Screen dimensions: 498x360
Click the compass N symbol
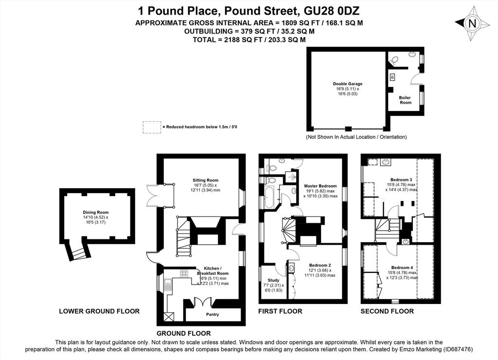point(472,23)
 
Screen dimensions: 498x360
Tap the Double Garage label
point(347,84)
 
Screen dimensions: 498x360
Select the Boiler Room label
point(405,100)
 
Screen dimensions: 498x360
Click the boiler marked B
point(392,77)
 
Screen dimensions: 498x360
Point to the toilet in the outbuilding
point(394,60)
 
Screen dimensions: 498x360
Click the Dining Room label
point(96,213)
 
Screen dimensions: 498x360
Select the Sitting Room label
point(205,180)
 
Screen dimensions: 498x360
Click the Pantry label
point(213,315)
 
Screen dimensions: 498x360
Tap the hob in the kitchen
point(184,273)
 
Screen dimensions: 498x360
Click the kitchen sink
point(168,285)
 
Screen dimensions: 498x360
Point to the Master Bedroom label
point(320,186)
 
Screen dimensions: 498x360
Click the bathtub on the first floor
point(268,198)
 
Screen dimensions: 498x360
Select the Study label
point(273,280)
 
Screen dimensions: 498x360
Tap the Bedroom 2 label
point(320,265)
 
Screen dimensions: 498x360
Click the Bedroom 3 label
point(401,180)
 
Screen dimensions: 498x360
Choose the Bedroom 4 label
point(402,268)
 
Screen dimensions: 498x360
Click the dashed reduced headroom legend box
point(152,127)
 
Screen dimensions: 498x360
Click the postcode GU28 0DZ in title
point(332,11)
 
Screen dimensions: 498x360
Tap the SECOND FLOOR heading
point(387,311)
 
